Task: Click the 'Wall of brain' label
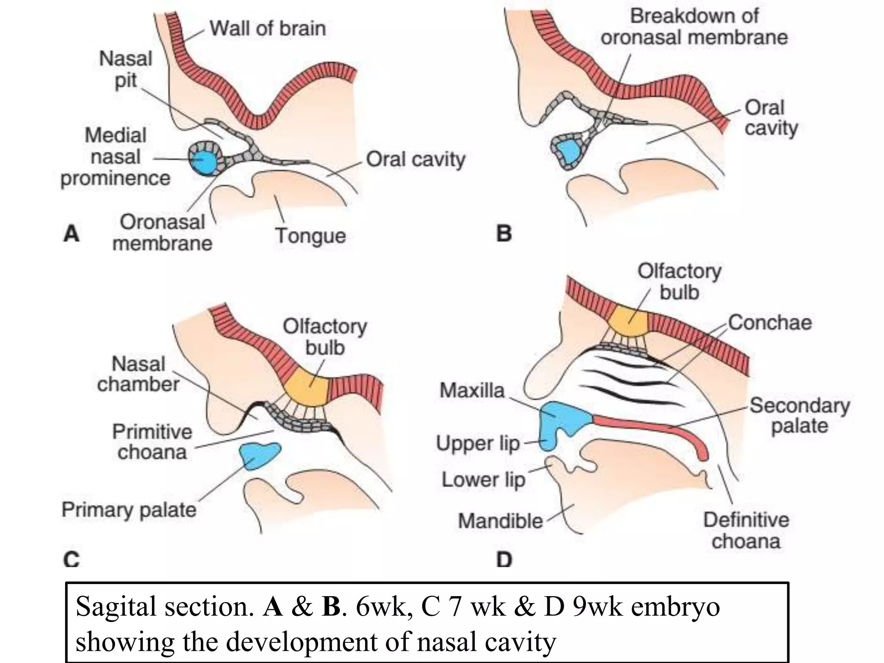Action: pos(268,29)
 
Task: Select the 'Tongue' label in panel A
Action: pos(310,236)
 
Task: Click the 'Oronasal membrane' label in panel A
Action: pos(162,233)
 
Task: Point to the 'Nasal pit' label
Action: pos(126,69)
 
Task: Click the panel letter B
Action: pos(504,234)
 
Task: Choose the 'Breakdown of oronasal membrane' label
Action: pos(694,27)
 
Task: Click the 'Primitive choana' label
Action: pos(152,442)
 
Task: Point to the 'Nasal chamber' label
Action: pos(139,374)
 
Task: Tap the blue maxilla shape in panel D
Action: pos(561,421)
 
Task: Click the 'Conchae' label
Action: pos(770,322)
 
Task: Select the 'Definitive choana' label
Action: pos(746,530)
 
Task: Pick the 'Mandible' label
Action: pos(500,521)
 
